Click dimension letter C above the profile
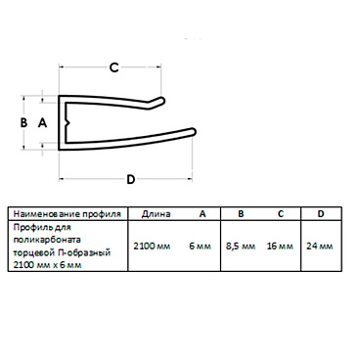(x=113, y=67)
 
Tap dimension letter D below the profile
(x=130, y=179)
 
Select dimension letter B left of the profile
(x=23, y=123)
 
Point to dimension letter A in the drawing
(x=43, y=123)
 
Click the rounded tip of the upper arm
(x=161, y=99)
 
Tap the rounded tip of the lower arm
(x=194, y=131)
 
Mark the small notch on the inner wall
(x=67, y=123)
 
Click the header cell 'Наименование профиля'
(x=67, y=214)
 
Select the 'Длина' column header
(x=156, y=214)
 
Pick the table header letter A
(x=202, y=213)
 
